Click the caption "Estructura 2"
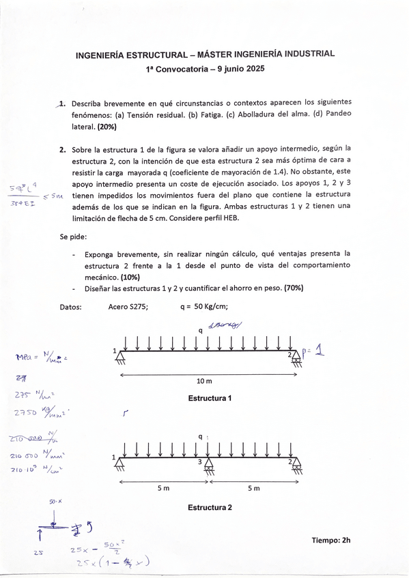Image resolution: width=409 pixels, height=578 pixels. tap(210, 508)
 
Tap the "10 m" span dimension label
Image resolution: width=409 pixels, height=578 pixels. tap(204, 381)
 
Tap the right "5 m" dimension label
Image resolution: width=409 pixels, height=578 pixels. tap(253, 488)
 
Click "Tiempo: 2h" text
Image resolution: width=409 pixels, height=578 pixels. tap(330, 540)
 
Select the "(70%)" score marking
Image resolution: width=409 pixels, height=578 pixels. tap(293, 288)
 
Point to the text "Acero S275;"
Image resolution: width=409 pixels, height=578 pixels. tap(128, 307)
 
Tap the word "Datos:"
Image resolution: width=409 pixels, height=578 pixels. tap(71, 307)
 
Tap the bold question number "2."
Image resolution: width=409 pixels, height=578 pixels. tap(62, 148)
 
